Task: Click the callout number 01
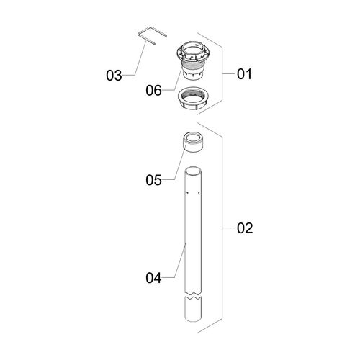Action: (x=245, y=74)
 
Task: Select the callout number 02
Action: (x=245, y=228)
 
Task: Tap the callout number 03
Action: (x=114, y=76)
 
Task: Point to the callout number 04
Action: (x=153, y=278)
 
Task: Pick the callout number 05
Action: (x=153, y=180)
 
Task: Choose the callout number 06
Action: (x=153, y=91)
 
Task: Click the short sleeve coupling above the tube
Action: (x=194, y=143)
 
